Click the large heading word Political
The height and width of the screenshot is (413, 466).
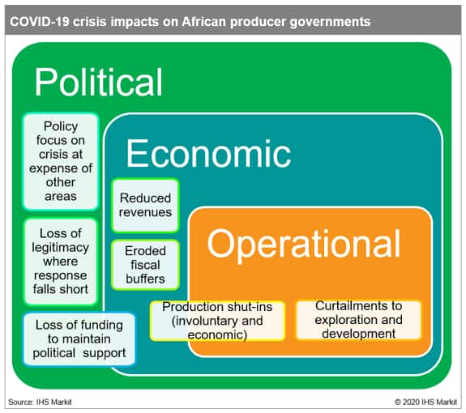(98, 82)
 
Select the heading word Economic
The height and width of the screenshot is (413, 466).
(208, 153)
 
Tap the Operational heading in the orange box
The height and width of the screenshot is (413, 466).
(303, 245)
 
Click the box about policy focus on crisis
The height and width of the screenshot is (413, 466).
(61, 161)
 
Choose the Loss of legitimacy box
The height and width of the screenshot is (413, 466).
(61, 262)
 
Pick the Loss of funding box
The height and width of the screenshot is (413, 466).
(79, 339)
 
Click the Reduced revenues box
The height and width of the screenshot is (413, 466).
(145, 205)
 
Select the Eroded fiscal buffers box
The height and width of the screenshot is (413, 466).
(145, 265)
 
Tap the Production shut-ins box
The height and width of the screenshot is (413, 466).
(217, 321)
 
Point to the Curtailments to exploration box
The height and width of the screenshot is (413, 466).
(358, 320)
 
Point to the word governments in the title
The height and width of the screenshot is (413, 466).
(330, 22)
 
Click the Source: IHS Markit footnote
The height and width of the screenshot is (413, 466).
(40, 402)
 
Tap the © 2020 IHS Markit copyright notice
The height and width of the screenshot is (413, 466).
(425, 402)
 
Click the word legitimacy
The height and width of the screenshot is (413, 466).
(61, 248)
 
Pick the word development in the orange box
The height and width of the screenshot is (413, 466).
(358, 334)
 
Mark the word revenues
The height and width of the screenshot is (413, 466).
(145, 212)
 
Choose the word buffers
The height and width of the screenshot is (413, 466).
(145, 279)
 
